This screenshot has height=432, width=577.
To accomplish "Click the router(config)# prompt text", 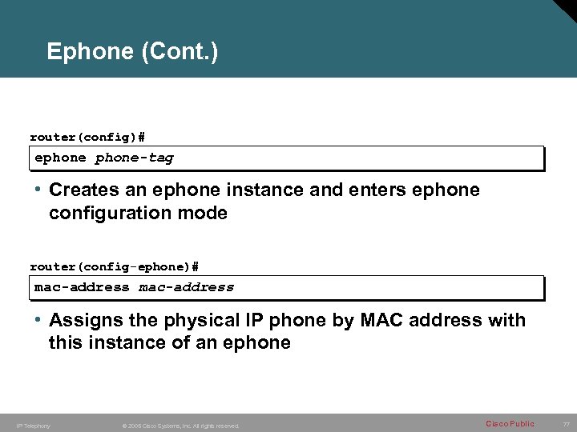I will tap(87, 138).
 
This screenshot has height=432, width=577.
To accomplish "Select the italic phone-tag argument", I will tap(134, 158).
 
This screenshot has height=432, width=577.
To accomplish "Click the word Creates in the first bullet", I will tap(83, 190).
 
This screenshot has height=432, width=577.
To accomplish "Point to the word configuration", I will tap(107, 214).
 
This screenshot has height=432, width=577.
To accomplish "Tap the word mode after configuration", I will tap(200, 214).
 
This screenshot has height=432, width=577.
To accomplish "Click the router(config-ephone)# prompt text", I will tap(114, 266).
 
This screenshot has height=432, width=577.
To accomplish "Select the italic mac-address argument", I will tap(187, 286).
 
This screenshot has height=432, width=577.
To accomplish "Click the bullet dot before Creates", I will tap(38, 190).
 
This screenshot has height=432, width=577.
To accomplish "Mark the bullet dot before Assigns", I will tap(38, 320).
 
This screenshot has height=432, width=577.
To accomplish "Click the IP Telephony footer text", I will tap(34, 426).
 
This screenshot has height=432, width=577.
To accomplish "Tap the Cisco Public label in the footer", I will tap(510, 424).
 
